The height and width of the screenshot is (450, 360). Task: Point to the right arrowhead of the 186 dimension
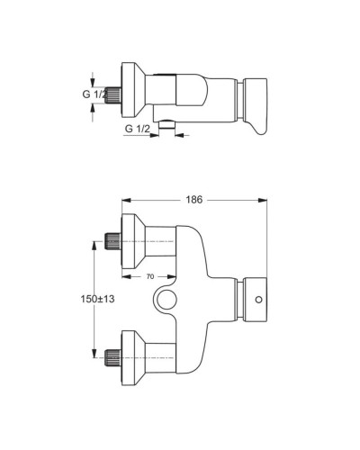[265, 199]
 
